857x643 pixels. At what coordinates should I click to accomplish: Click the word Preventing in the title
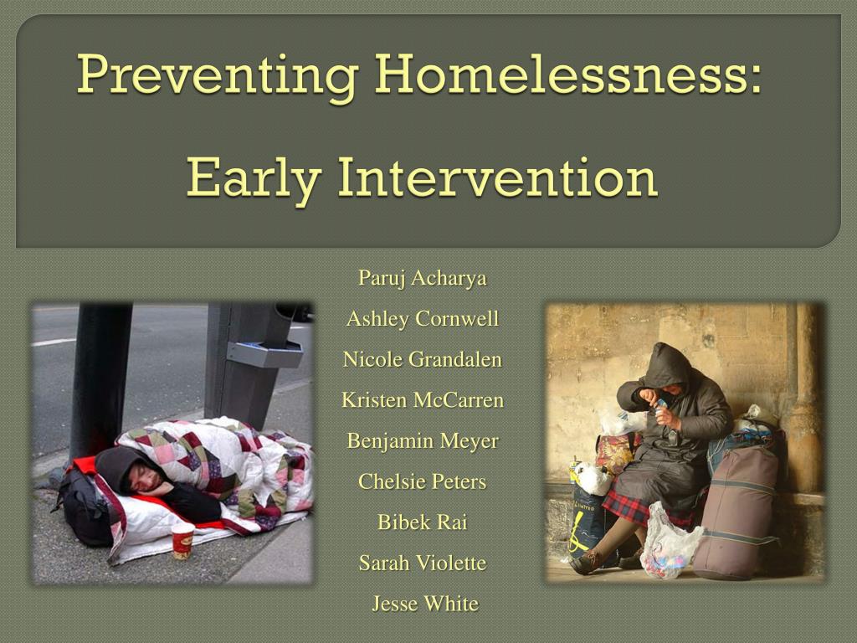click(x=218, y=75)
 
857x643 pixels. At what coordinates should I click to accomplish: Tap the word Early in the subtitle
click(x=253, y=178)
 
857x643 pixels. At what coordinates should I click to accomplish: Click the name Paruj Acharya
click(x=423, y=278)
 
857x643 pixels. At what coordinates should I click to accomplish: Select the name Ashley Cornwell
click(x=423, y=318)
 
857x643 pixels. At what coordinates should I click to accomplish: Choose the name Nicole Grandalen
click(x=423, y=359)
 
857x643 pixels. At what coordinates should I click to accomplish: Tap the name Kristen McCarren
click(x=423, y=399)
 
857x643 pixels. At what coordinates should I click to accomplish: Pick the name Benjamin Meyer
click(x=423, y=440)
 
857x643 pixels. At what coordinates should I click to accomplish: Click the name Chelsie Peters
click(x=423, y=481)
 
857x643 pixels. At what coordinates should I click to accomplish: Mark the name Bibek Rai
click(x=423, y=522)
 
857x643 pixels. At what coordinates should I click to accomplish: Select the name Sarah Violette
click(x=423, y=563)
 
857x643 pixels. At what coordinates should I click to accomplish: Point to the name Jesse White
click(x=425, y=603)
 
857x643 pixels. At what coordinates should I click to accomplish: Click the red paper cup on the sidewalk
click(x=182, y=540)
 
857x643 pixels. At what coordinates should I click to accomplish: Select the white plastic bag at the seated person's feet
click(x=670, y=544)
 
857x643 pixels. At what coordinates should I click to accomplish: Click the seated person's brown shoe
click(x=585, y=563)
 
